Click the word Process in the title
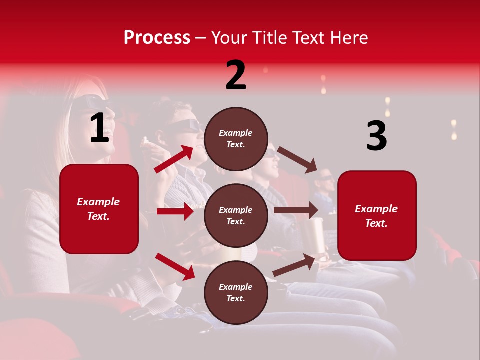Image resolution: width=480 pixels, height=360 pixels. (x=157, y=38)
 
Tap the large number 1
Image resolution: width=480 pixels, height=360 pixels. (x=100, y=128)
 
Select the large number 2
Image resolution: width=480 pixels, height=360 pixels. (x=236, y=75)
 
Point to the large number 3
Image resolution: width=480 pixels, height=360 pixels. (x=377, y=136)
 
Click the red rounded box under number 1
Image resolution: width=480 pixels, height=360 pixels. (x=99, y=209)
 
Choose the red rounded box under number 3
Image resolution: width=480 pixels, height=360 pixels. (x=377, y=215)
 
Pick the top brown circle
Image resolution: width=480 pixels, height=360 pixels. (x=236, y=139)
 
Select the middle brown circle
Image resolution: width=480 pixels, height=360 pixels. (x=236, y=215)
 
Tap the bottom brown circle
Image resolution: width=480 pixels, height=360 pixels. (x=236, y=292)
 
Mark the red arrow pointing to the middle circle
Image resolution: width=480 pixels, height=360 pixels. (x=175, y=211)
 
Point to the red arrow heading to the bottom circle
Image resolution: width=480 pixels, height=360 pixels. (x=175, y=266)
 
